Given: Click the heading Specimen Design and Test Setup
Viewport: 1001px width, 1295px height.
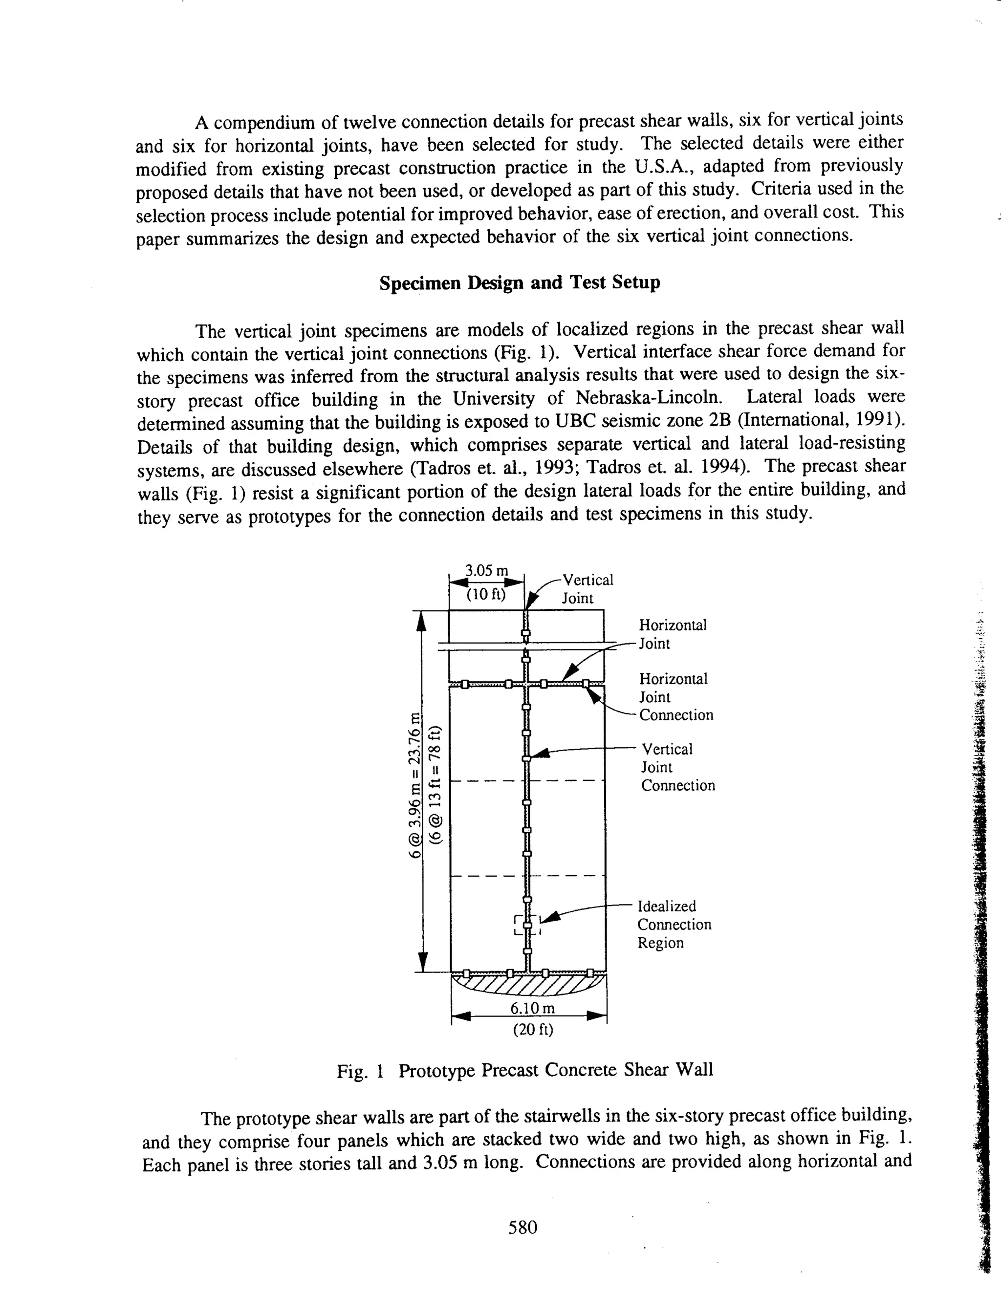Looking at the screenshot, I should coord(520,283).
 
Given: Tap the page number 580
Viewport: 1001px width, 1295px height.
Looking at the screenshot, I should coord(522,1227).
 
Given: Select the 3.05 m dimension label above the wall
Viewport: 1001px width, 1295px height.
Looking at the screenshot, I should coord(486,570).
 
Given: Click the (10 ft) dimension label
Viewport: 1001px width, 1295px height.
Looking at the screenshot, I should coord(486,594).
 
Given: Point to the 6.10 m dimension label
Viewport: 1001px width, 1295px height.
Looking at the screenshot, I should coord(533,1008).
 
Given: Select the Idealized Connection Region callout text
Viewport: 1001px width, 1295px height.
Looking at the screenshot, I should coord(674,925).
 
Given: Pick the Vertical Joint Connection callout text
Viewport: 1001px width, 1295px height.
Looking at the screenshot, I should coord(677,767).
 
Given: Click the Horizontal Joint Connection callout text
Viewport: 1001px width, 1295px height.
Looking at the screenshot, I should coord(675,697).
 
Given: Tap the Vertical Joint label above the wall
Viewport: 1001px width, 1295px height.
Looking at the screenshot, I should coord(587,588).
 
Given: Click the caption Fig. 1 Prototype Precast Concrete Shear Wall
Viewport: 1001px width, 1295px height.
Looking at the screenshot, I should coord(525,1070).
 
